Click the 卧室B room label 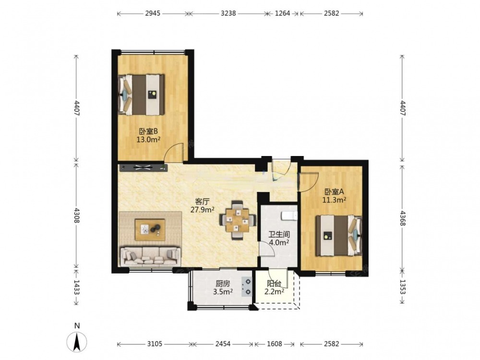pyautogui.click(x=148, y=132)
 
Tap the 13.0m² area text pyautogui.click(x=149, y=140)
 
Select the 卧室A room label pyautogui.click(x=334, y=192)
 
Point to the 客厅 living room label pyautogui.click(x=202, y=202)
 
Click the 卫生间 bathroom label pyautogui.click(x=279, y=235)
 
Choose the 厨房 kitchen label pyautogui.click(x=223, y=284)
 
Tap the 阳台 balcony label pyautogui.click(x=274, y=284)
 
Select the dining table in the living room pyautogui.click(x=238, y=220)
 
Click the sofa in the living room pyautogui.click(x=150, y=256)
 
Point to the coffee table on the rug pyautogui.click(x=150, y=229)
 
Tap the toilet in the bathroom pyautogui.click(x=289, y=216)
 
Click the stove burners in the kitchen pyautogui.click(x=247, y=287)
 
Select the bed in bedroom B pyautogui.click(x=142, y=95)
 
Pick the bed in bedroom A pyautogui.click(x=339, y=235)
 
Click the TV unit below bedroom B pyautogui.click(x=143, y=167)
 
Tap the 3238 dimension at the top pyautogui.click(x=228, y=13)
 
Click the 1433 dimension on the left pyautogui.click(x=76, y=288)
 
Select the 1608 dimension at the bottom pyautogui.click(x=274, y=344)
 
